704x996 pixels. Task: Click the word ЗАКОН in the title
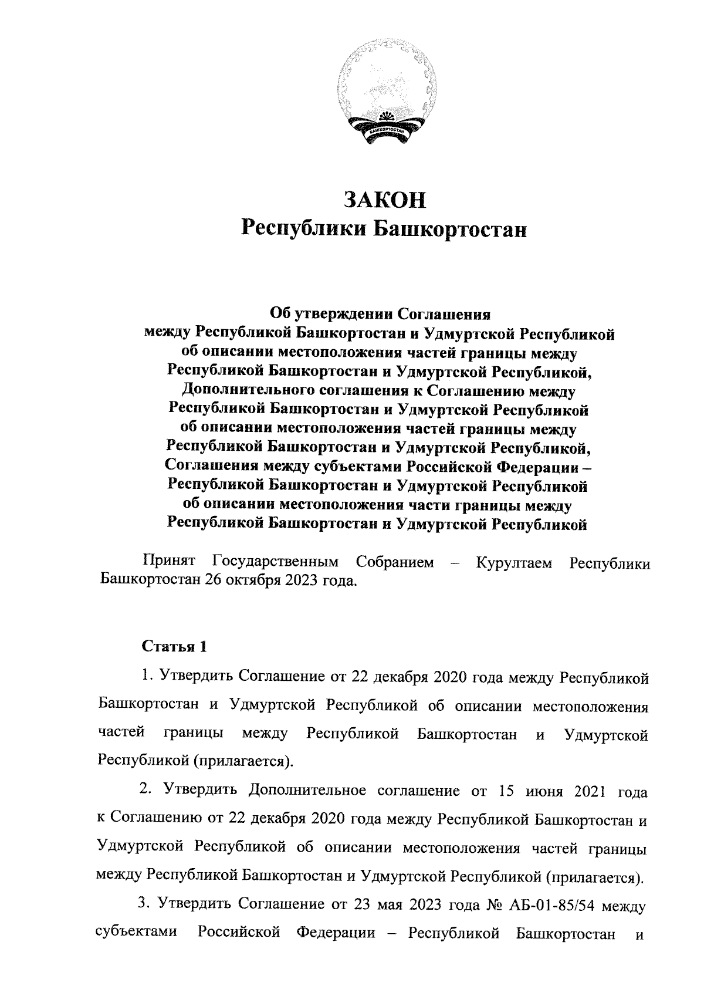[385, 200]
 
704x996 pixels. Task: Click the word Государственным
[276, 562]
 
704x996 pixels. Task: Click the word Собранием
[395, 562]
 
